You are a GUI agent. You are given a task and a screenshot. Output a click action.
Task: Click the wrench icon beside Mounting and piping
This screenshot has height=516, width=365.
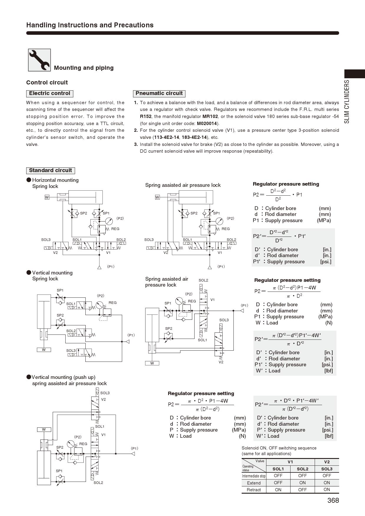[x=39, y=60]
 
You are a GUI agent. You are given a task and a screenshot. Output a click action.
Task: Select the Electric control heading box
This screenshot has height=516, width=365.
[x=49, y=94]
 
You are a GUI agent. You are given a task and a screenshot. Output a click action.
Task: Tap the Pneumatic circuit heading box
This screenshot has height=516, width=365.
[x=159, y=94]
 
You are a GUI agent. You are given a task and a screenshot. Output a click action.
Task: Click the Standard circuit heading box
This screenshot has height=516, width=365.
[x=50, y=171]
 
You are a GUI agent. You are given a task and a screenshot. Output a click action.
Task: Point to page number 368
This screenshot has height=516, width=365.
[x=333, y=500]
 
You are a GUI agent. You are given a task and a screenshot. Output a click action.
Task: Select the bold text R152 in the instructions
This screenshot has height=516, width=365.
[x=145, y=116]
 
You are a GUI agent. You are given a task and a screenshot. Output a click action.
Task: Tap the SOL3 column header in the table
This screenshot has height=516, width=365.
[x=327, y=469]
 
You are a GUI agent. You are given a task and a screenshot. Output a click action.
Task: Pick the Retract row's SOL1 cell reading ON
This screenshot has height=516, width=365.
[x=278, y=490]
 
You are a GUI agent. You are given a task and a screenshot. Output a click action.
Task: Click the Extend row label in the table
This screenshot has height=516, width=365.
[x=254, y=483]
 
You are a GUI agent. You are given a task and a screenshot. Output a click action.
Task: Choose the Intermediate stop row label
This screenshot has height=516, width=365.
[x=254, y=476]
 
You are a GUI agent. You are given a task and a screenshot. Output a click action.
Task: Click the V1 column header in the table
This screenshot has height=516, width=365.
[x=290, y=462]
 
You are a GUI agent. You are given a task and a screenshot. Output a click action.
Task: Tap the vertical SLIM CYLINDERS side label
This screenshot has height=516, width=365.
[x=347, y=101]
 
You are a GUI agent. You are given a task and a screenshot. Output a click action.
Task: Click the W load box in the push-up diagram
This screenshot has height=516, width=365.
[x=44, y=430]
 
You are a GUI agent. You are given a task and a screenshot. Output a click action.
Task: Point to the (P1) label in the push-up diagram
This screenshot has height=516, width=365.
[x=135, y=449]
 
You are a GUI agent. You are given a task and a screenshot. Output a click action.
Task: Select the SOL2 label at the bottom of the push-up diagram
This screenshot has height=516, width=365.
[x=98, y=483]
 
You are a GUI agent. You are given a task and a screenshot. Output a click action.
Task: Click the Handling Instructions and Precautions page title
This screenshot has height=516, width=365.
[x=90, y=25]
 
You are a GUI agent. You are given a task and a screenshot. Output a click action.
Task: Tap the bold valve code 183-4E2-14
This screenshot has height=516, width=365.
[x=194, y=137]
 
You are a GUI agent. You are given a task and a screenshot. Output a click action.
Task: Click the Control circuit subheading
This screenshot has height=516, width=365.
[x=47, y=83]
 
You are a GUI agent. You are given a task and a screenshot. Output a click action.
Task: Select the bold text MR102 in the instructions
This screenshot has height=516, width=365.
[x=210, y=116]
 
